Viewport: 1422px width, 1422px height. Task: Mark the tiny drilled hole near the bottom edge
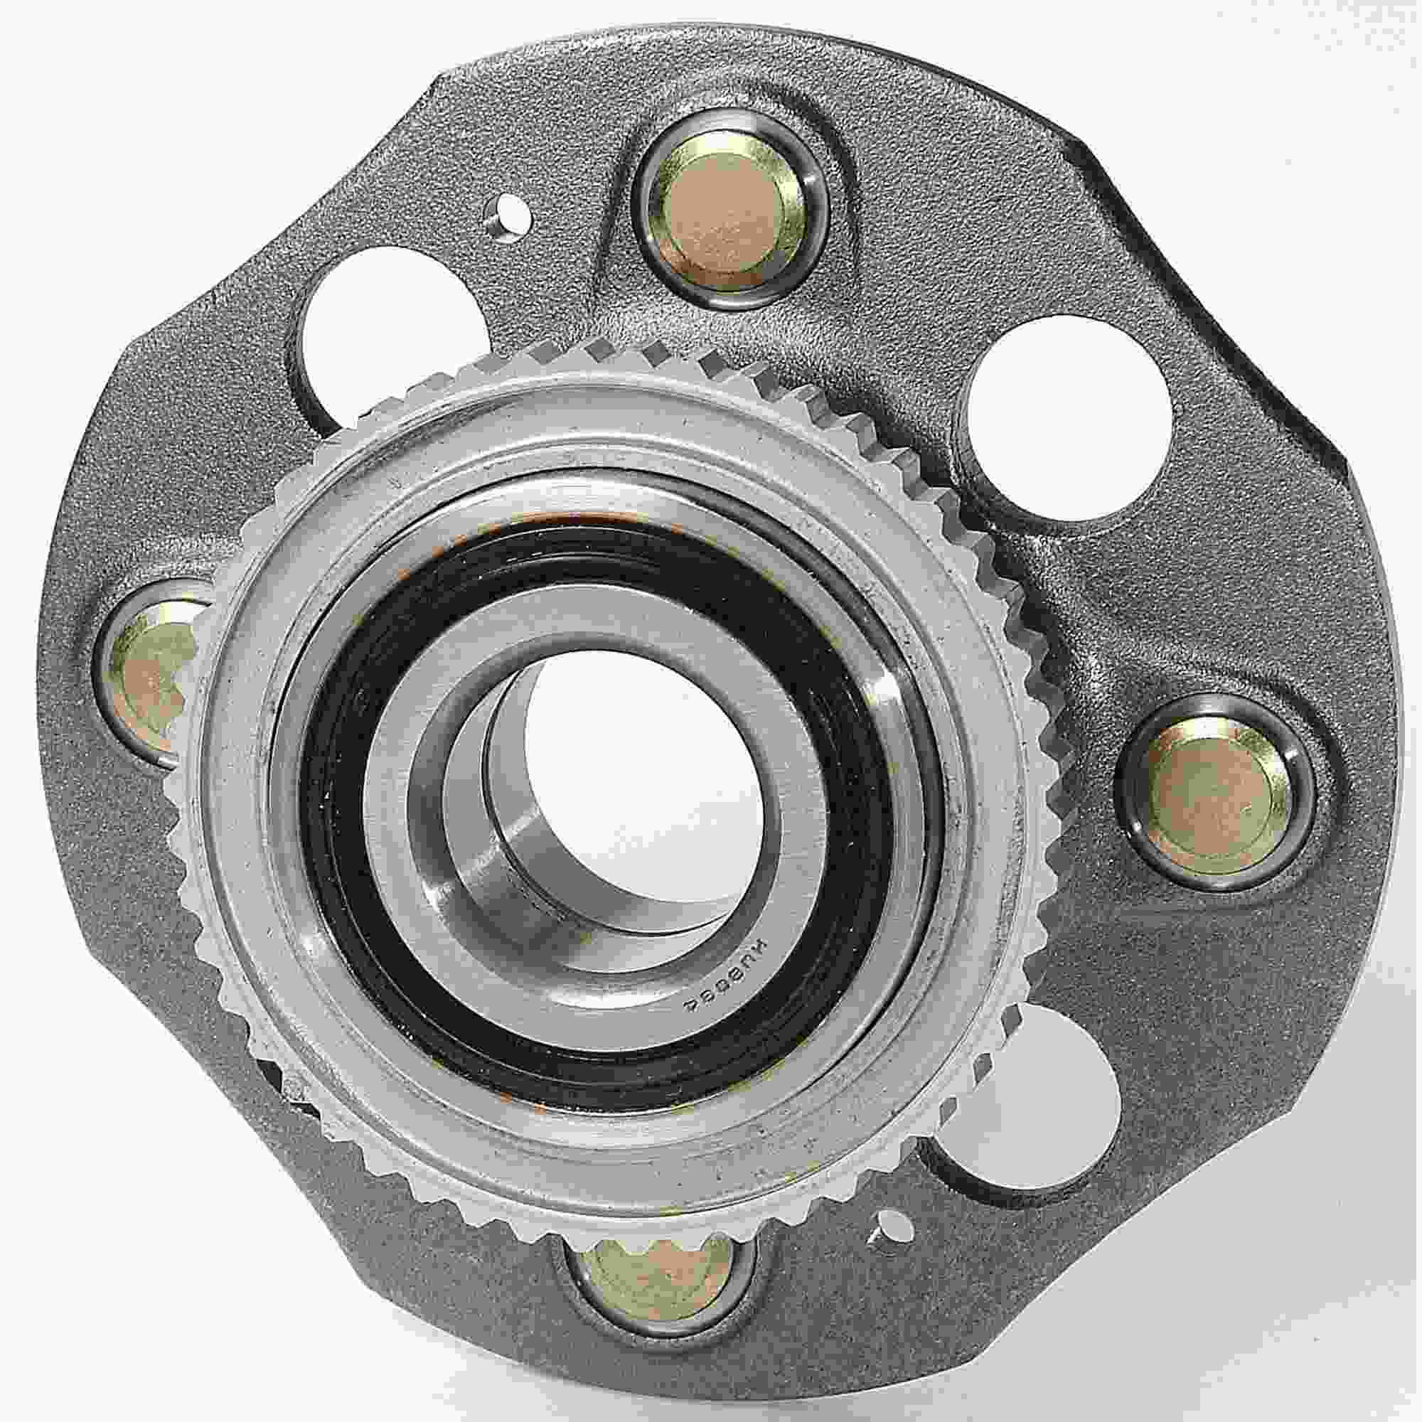pyautogui.click(x=893, y=1234)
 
